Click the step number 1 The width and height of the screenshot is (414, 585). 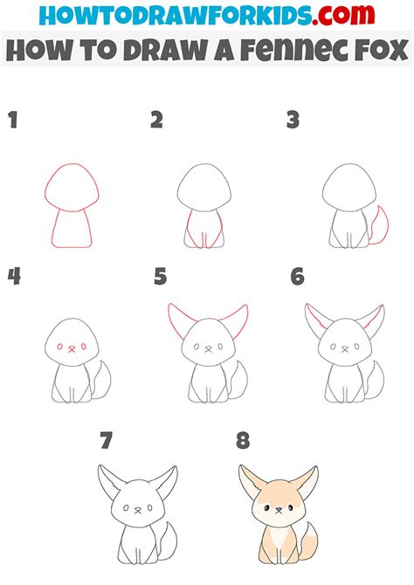click(13, 120)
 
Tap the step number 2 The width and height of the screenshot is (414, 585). click(157, 120)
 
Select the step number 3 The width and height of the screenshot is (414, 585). click(293, 120)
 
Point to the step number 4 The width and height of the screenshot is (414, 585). click(14, 277)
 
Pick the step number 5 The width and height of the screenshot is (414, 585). click(160, 277)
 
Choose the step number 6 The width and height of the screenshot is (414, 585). click(297, 277)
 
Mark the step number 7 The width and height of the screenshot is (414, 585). click(106, 440)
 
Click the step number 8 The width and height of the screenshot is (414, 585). click(243, 440)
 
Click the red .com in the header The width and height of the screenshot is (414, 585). click(343, 15)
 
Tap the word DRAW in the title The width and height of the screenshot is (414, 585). click(166, 50)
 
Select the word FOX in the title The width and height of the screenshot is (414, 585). click(381, 50)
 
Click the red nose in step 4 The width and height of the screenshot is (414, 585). click(72, 349)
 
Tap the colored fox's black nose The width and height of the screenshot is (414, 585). click(279, 508)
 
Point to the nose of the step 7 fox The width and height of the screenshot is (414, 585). click(138, 509)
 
